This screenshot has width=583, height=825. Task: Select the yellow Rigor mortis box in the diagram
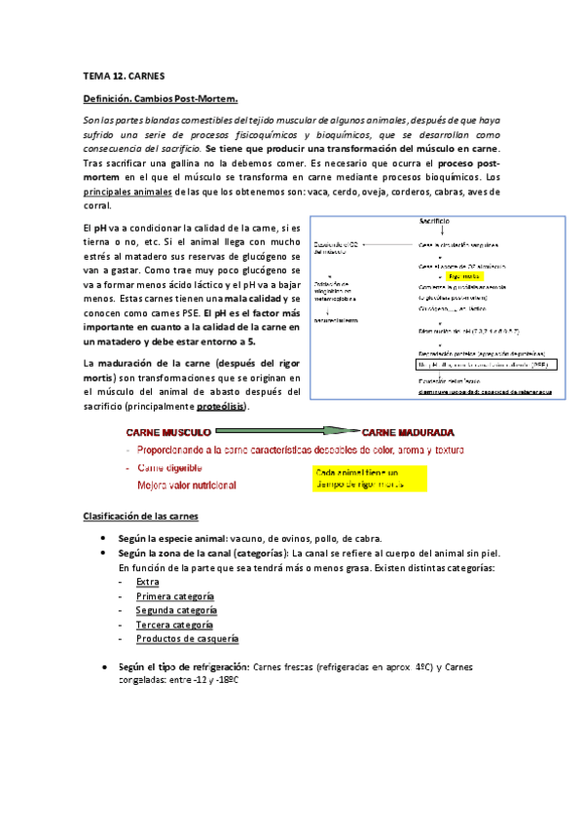pos(465,275)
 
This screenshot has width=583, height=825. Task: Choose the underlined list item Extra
pos(147,582)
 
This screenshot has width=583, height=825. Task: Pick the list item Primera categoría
pos(175,596)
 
